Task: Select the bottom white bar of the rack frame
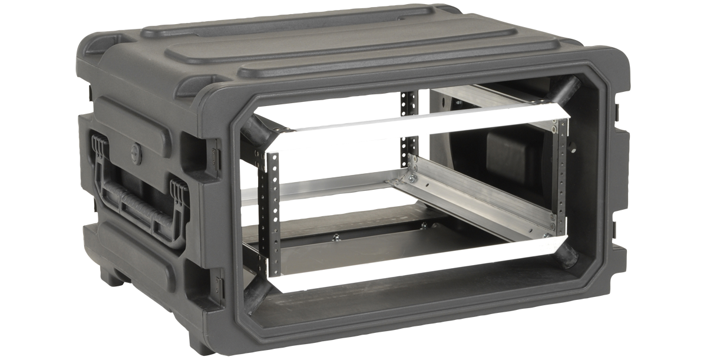[412, 259]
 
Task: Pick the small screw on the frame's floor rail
[336, 237]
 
